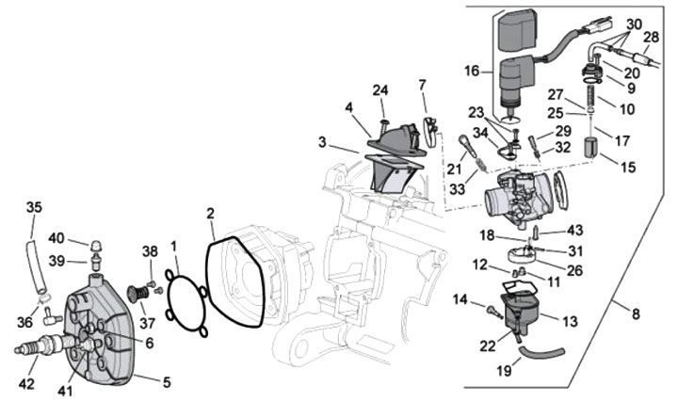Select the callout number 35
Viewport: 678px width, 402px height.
tap(33, 206)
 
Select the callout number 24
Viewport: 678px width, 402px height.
tap(380, 90)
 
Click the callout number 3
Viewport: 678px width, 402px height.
tap(323, 143)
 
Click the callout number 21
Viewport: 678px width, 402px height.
tap(455, 169)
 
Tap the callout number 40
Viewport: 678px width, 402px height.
tap(56, 237)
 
